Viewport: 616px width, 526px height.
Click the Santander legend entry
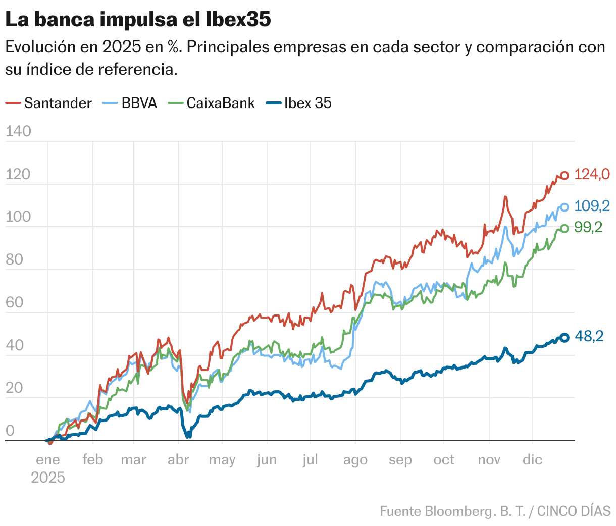coord(49,103)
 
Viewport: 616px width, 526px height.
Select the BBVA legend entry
coord(130,103)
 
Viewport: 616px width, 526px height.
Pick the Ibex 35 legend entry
coord(298,103)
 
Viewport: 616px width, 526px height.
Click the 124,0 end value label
coord(592,175)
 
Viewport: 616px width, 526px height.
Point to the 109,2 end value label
coord(592,206)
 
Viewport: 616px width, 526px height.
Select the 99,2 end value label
coord(589,228)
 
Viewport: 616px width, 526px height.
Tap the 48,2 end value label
coord(589,337)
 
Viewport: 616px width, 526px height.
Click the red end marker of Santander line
coord(565,176)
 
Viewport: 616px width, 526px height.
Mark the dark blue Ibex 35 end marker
coord(565,338)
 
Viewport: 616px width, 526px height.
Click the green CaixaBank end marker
coord(565,228)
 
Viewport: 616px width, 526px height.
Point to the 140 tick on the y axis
coord(18,132)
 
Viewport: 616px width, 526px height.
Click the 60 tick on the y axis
coord(15,303)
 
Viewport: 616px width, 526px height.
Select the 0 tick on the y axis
coord(10,431)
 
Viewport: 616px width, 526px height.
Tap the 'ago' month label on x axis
coord(355,460)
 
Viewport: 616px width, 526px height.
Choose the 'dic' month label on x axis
coord(532,460)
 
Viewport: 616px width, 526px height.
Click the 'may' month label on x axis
coord(222,460)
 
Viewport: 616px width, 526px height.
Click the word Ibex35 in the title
coord(238,20)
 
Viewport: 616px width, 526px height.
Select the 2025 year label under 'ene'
coord(48,478)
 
